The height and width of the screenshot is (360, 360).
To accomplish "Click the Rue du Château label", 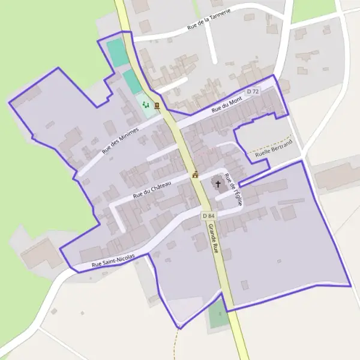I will [x=152, y=186].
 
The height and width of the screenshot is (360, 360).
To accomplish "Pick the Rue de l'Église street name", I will [x=233, y=190].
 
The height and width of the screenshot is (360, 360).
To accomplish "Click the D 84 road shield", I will [x=208, y=215].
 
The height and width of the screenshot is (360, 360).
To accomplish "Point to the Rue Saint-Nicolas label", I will [x=113, y=262].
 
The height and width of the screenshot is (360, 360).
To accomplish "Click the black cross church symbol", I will [x=217, y=184].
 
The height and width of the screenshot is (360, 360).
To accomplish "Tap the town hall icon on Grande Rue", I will [x=195, y=175].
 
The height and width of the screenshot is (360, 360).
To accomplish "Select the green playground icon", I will [x=145, y=104].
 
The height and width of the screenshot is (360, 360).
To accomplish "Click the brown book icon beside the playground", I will [x=157, y=106].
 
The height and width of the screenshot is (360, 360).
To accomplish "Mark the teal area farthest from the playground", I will [x=118, y=53].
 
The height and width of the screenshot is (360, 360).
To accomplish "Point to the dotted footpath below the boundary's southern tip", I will [x=175, y=345].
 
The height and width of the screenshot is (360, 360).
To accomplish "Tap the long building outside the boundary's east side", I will [x=336, y=175].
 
